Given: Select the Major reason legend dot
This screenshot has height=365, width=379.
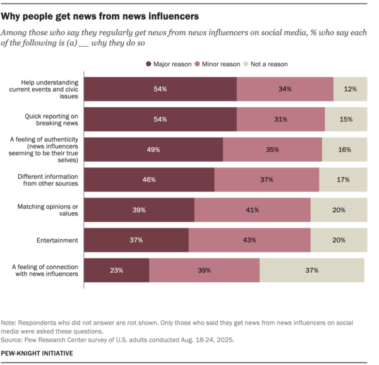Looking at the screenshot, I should tap(148, 64).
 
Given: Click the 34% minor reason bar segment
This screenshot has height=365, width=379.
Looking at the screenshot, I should tap(285, 89).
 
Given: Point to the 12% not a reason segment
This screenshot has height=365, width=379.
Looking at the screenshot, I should tap(350, 89).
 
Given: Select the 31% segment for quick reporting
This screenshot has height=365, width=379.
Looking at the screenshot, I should tap(280, 119).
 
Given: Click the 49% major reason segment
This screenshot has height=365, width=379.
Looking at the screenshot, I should tap(153, 150).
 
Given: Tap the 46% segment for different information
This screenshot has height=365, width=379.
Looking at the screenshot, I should tap(149, 180).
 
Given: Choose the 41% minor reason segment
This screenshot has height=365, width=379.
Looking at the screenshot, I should tap(252, 210).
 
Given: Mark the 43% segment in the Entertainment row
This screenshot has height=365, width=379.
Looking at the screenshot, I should tap(250, 240).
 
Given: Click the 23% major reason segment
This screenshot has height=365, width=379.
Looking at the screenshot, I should tap(116, 270).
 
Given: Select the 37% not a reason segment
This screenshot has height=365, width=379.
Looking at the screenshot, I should tap(311, 270).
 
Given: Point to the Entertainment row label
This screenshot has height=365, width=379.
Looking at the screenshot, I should tap(57, 240).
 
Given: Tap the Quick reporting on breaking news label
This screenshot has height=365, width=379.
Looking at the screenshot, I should tap(51, 119).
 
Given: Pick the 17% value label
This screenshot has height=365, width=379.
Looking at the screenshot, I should tap(343, 180).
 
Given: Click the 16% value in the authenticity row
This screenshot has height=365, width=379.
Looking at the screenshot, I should tap(344, 150).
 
